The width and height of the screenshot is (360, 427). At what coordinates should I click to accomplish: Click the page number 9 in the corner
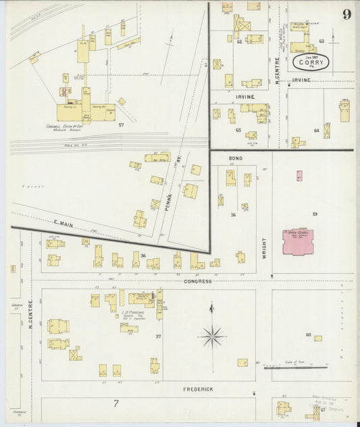pos(346,15)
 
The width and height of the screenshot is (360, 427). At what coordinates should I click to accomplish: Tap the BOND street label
pos(235,158)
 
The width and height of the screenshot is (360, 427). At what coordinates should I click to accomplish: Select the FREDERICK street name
pos(199,390)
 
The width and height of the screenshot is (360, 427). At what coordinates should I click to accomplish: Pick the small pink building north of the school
pos(299,176)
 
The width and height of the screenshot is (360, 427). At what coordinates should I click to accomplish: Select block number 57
pos(122,126)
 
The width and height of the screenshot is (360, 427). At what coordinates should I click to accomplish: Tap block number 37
pos(158,336)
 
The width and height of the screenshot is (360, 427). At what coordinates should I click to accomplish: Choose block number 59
pos(314,214)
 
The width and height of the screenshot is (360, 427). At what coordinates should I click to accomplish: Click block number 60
pos(308,335)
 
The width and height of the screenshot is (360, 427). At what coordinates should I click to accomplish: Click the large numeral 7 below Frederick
pos(115,404)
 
